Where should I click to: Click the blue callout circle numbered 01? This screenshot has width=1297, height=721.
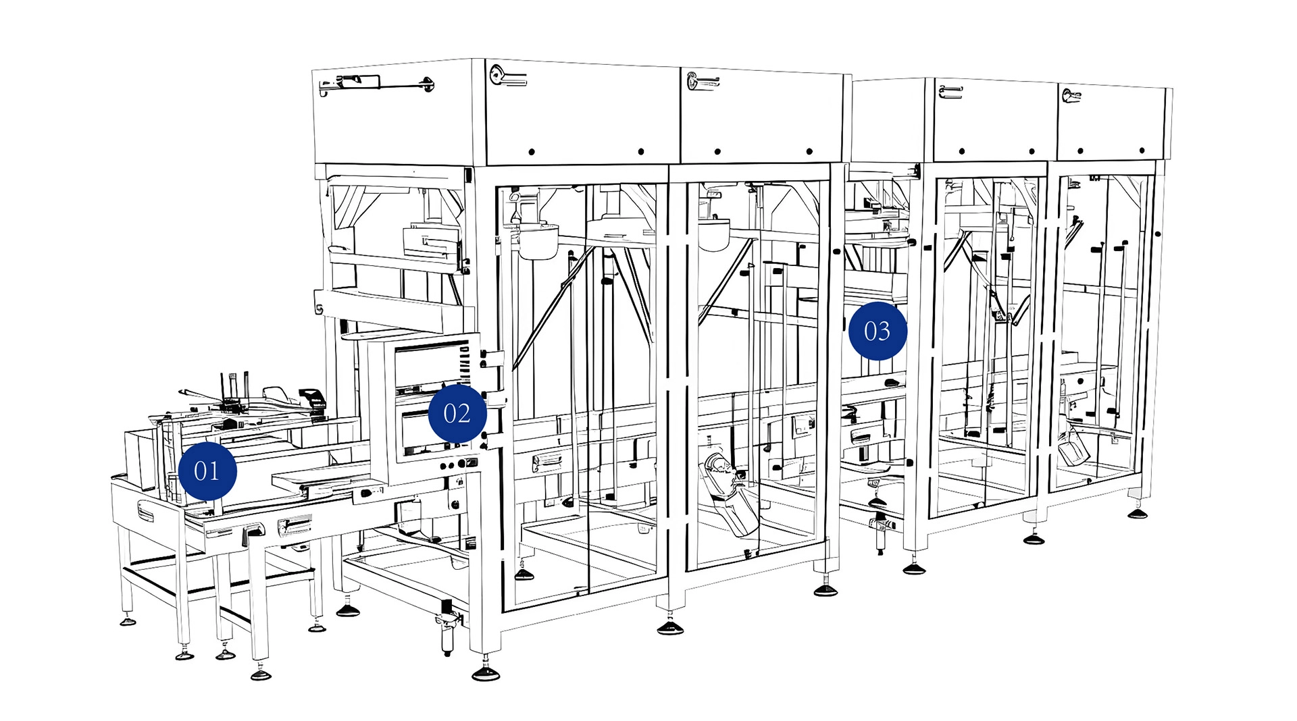coord(207,471)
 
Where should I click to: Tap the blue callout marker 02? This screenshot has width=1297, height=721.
coord(457,413)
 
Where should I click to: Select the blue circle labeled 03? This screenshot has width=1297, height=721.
coord(878,331)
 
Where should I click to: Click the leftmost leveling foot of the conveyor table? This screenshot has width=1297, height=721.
coord(128,620)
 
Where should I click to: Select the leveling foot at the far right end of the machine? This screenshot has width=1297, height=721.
coord(1138,512)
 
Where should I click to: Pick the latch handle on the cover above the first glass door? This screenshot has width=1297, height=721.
coord(507,76)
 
